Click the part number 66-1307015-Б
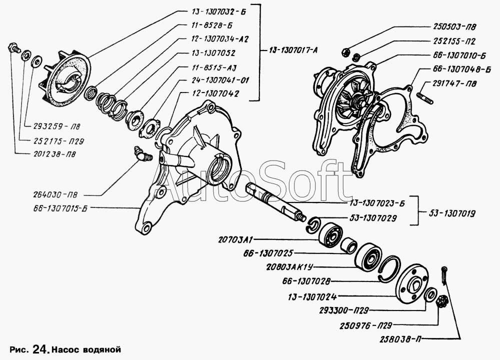tap(59, 208)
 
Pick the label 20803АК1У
tap(290, 267)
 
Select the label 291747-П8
tap(454, 83)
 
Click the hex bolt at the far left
tap(13, 48)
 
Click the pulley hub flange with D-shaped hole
tap(412, 284)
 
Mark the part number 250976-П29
tap(365, 325)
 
